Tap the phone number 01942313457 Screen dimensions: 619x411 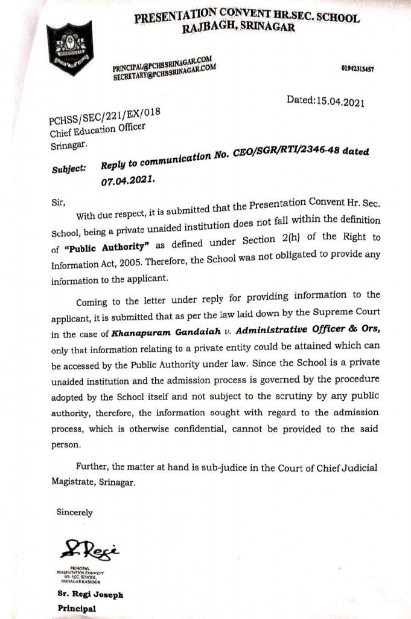pos(357,69)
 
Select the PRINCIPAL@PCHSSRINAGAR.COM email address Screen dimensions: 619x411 pos(162,63)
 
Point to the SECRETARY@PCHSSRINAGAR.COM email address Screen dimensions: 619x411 pos(164,73)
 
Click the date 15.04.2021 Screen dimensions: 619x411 pos(340,102)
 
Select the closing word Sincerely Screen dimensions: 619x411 pos(75,512)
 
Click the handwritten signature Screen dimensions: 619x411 pos(90,551)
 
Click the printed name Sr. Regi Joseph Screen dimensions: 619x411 pos(91,595)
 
